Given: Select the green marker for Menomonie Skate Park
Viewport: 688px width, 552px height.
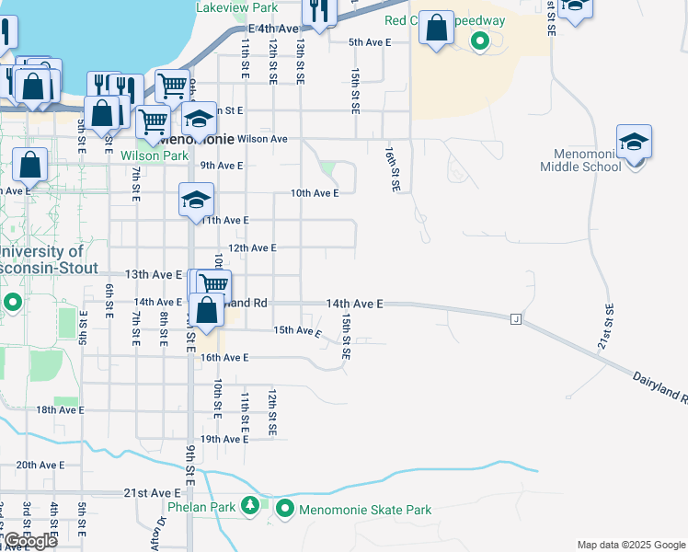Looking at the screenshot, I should (284, 509).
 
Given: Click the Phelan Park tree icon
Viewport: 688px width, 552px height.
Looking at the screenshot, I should (249, 506).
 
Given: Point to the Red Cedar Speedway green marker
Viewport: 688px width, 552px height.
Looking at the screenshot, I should (478, 40).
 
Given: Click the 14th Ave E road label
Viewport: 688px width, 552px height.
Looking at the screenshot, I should (354, 303).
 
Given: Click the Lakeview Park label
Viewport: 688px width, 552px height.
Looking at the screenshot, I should (237, 7).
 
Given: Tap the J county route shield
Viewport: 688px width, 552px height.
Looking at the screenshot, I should (516, 318).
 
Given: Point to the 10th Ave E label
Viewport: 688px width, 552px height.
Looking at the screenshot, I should (315, 193).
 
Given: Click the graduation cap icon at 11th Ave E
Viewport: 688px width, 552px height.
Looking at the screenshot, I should (196, 201).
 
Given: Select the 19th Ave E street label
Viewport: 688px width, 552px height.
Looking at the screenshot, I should (224, 439).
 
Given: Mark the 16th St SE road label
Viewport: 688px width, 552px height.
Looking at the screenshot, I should (394, 168).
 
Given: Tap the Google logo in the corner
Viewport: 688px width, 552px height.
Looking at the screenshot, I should (30, 541).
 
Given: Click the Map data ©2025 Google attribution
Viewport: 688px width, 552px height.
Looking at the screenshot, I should (630, 545).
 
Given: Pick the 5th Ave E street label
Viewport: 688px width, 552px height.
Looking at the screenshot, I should (370, 42).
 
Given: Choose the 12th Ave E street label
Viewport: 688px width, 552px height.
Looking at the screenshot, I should (252, 248).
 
